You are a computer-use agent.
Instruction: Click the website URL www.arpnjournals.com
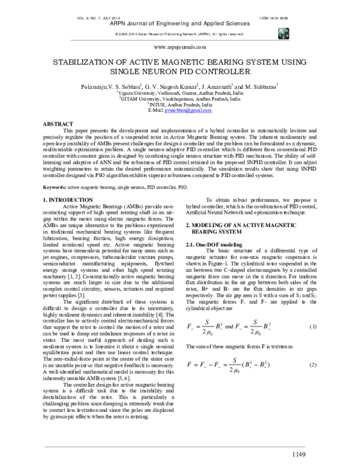click(x=180, y=46)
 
